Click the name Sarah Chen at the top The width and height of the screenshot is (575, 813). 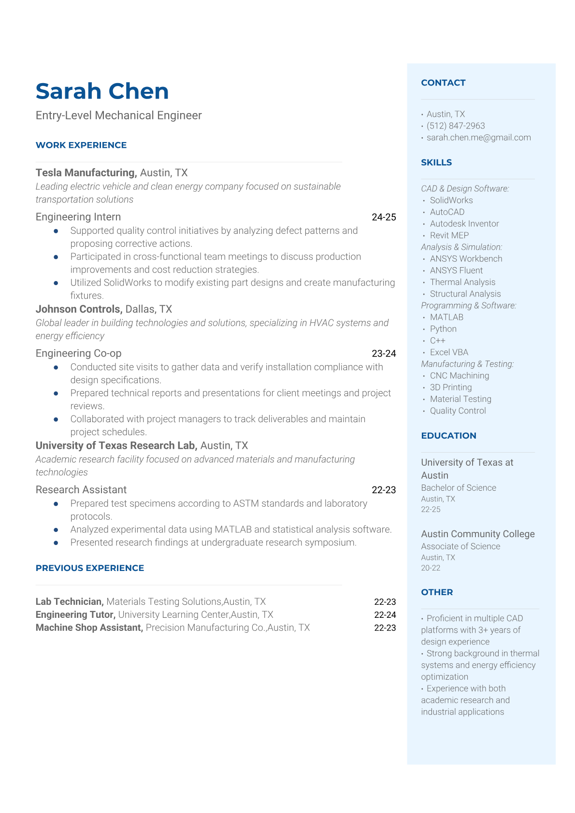coord(102,91)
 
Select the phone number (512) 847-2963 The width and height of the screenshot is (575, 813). coord(456,126)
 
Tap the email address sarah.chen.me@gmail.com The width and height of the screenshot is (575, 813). coord(478,138)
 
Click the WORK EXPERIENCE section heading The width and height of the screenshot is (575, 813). coord(81,145)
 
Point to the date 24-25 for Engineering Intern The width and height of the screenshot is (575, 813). coord(384,217)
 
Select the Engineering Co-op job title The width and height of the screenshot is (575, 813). coord(78,353)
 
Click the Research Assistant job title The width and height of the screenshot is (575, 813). coord(81,490)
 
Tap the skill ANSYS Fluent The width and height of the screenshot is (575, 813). coord(456,271)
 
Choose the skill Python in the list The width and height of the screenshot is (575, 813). coord(443,329)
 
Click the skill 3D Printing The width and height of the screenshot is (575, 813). coord(451,387)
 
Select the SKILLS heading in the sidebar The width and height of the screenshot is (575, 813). coord(436,162)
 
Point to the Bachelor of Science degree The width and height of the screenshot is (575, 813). coord(459,488)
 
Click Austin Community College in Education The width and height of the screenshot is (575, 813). coord(478,534)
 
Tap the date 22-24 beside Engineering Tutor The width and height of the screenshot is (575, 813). coord(385,615)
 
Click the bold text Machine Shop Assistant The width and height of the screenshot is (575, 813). coord(89,628)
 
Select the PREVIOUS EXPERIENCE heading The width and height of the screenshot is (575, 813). coord(90,568)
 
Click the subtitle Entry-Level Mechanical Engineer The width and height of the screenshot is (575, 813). coord(119,115)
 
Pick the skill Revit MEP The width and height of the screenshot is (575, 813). coord(449,235)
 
